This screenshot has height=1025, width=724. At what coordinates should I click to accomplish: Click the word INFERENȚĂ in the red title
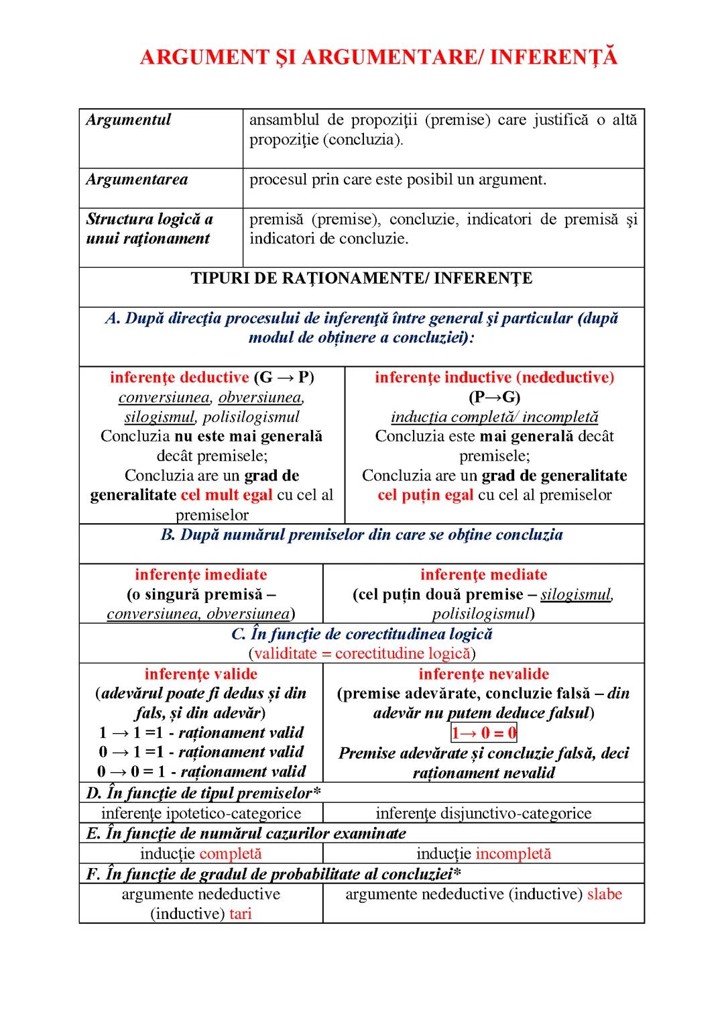click(x=553, y=58)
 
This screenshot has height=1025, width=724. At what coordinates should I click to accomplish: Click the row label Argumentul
click(x=128, y=120)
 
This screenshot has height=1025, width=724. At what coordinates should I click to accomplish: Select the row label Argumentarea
click(x=137, y=180)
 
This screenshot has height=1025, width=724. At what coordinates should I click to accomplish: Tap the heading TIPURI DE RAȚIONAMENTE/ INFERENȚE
click(x=361, y=278)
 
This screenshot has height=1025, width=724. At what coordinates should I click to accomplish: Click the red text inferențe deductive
click(x=179, y=378)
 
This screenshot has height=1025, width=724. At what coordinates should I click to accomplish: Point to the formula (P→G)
click(x=494, y=397)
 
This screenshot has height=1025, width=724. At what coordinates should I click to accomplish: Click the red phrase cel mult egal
click(x=227, y=495)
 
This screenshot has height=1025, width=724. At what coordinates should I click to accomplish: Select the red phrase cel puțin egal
click(x=425, y=495)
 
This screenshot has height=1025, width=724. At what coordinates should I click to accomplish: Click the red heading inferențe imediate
click(x=200, y=575)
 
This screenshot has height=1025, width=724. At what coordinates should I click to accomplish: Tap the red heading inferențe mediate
click(x=483, y=575)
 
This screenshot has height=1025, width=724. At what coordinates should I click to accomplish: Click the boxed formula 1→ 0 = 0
click(x=483, y=733)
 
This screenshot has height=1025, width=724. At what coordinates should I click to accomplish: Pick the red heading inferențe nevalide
click(x=483, y=674)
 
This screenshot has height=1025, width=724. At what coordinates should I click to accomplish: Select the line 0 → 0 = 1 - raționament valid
click(x=201, y=772)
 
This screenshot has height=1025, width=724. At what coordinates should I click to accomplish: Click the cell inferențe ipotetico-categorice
click(x=201, y=814)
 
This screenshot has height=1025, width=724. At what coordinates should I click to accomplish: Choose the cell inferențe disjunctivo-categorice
click(x=483, y=814)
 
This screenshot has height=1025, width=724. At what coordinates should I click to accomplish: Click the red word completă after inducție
click(x=230, y=854)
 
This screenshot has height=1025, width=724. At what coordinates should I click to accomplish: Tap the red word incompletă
click(x=513, y=854)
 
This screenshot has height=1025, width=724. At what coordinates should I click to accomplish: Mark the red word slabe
click(x=604, y=894)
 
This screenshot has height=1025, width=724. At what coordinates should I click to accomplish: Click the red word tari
click(x=240, y=914)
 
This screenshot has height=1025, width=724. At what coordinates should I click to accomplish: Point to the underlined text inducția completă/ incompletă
click(x=494, y=417)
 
